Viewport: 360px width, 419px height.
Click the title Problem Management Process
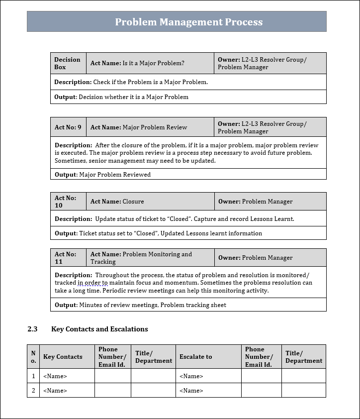(x=188, y=22)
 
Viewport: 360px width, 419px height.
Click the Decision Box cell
(x=68, y=63)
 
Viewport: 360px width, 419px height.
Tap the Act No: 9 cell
(x=68, y=127)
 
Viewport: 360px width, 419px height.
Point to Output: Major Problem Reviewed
(x=102, y=175)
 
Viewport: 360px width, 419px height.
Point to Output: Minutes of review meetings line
(x=140, y=305)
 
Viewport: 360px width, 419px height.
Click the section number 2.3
(x=32, y=329)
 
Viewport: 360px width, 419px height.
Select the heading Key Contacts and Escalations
(x=99, y=329)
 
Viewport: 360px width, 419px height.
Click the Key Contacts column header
(x=63, y=357)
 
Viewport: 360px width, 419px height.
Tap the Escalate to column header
(x=195, y=357)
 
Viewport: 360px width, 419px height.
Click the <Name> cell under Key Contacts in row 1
(x=55, y=376)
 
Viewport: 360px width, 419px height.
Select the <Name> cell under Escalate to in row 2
(x=191, y=391)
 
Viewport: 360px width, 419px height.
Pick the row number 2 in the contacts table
(x=33, y=391)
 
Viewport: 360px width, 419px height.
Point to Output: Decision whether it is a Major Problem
(x=121, y=97)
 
